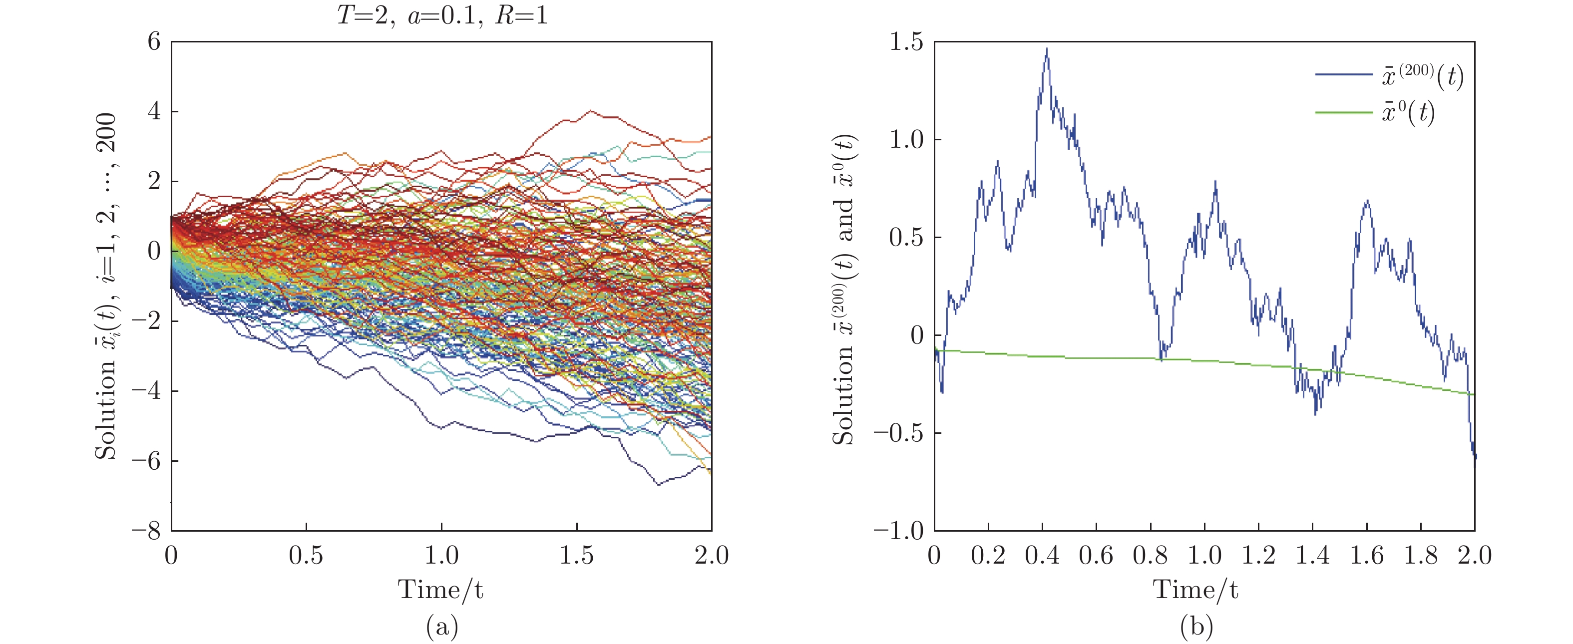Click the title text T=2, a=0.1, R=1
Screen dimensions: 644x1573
click(442, 13)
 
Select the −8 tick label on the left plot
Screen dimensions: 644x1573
click(146, 531)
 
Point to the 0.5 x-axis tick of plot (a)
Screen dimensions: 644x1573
click(306, 556)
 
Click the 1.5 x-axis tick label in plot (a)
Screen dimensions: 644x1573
click(576, 556)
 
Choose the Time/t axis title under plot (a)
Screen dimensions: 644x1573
click(441, 590)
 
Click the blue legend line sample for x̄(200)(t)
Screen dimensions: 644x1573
click(1344, 75)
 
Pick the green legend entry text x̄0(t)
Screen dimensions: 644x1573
click(1408, 113)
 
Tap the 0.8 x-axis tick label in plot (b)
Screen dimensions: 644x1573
click(1150, 556)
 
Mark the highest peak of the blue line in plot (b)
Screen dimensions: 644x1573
click(1047, 49)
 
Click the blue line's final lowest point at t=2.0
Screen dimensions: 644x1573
click(1475, 465)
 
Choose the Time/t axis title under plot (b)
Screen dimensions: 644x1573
click(1195, 590)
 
